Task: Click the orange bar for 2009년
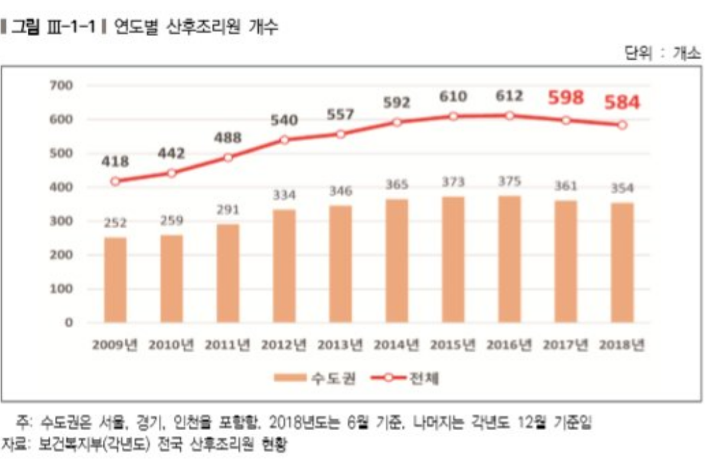115,280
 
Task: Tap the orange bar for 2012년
284,265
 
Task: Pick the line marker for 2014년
397,122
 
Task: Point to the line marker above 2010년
171,173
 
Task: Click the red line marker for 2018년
622,125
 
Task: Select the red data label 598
565,97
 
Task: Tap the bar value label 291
228,211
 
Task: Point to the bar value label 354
622,189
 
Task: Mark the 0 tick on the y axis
68,323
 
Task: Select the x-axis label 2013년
341,345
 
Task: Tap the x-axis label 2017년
565,345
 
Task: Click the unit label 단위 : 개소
662,53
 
